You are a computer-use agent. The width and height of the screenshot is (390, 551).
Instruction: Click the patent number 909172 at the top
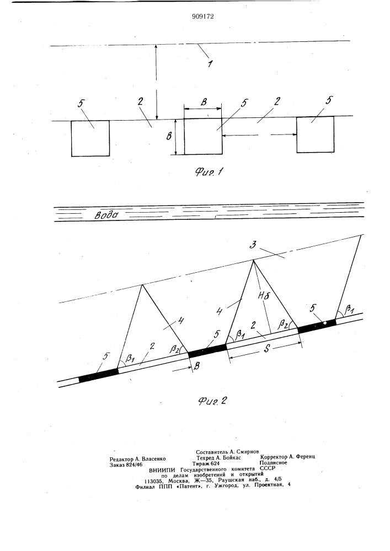[x=203, y=17]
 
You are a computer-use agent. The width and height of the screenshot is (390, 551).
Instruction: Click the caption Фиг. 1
[x=210, y=172]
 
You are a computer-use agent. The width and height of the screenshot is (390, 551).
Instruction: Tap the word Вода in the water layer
[x=106, y=214]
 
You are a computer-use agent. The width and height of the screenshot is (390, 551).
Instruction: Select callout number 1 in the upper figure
[x=210, y=63]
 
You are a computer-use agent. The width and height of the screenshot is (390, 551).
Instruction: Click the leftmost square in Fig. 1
[x=90, y=138]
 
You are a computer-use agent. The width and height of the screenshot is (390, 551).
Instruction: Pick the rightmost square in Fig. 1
[x=315, y=134]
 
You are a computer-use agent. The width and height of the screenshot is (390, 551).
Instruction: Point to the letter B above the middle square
[x=204, y=102]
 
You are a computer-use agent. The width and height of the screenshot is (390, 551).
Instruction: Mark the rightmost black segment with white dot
[x=317, y=323]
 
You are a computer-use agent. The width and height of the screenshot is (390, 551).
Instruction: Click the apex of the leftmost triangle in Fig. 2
[x=142, y=284]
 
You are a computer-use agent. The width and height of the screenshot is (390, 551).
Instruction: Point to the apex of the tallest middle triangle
[x=253, y=260]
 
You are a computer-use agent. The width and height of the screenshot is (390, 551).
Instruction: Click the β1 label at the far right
[x=350, y=308]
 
